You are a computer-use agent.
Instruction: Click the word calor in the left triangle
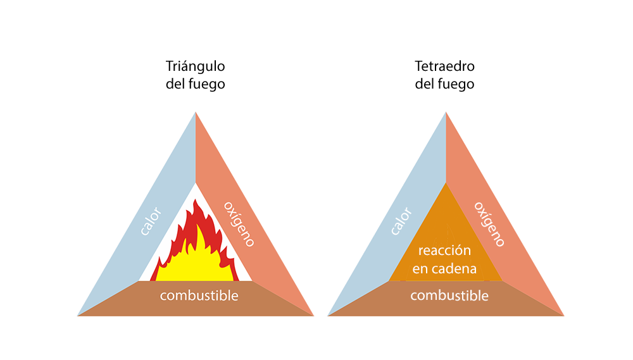click(x=151, y=221)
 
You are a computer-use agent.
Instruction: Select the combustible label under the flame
click(x=199, y=295)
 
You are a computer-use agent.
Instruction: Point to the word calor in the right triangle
click(x=401, y=221)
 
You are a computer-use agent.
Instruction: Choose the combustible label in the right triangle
click(x=449, y=295)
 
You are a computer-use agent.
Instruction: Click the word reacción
click(x=444, y=251)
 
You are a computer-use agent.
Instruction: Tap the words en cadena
click(x=444, y=268)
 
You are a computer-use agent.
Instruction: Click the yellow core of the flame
click(x=196, y=266)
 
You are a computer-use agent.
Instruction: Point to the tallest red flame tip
click(x=197, y=202)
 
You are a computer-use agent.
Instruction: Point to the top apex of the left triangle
click(x=196, y=113)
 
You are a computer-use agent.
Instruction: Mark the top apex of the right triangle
click(x=446, y=113)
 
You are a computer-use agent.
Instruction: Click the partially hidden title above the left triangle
click(x=196, y=75)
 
